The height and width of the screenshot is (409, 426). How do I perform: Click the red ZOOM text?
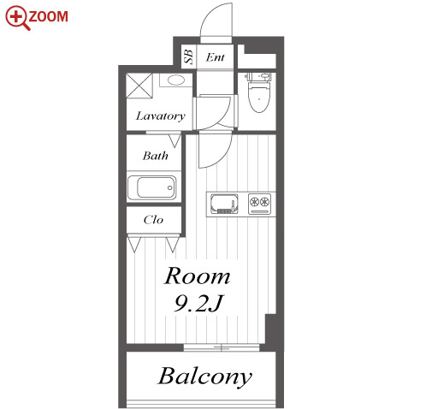click(49, 16)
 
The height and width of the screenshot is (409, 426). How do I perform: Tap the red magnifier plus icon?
click(16, 17)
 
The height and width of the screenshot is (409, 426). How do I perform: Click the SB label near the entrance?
click(188, 56)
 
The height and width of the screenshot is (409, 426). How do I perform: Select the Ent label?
click(216, 57)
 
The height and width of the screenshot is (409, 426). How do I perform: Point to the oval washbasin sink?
click(176, 80)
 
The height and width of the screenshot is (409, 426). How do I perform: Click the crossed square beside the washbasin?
click(139, 86)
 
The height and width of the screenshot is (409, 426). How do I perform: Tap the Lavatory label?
click(161, 116)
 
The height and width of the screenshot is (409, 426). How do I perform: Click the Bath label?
click(156, 156)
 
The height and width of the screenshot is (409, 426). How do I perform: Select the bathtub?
click(152, 187)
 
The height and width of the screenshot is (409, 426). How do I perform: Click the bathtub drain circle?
click(170, 187)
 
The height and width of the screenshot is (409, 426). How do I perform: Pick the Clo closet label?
click(153, 220)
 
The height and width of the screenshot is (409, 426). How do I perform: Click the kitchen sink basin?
click(224, 203)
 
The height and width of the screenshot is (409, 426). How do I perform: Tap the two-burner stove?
click(259, 204)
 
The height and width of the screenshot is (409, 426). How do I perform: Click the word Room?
click(197, 276)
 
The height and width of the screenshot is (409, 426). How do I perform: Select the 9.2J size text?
click(198, 303)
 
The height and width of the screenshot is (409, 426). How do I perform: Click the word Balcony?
click(205, 376)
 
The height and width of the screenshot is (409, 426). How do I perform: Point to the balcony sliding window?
click(222, 347)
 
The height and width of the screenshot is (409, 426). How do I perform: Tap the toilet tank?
click(257, 76)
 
